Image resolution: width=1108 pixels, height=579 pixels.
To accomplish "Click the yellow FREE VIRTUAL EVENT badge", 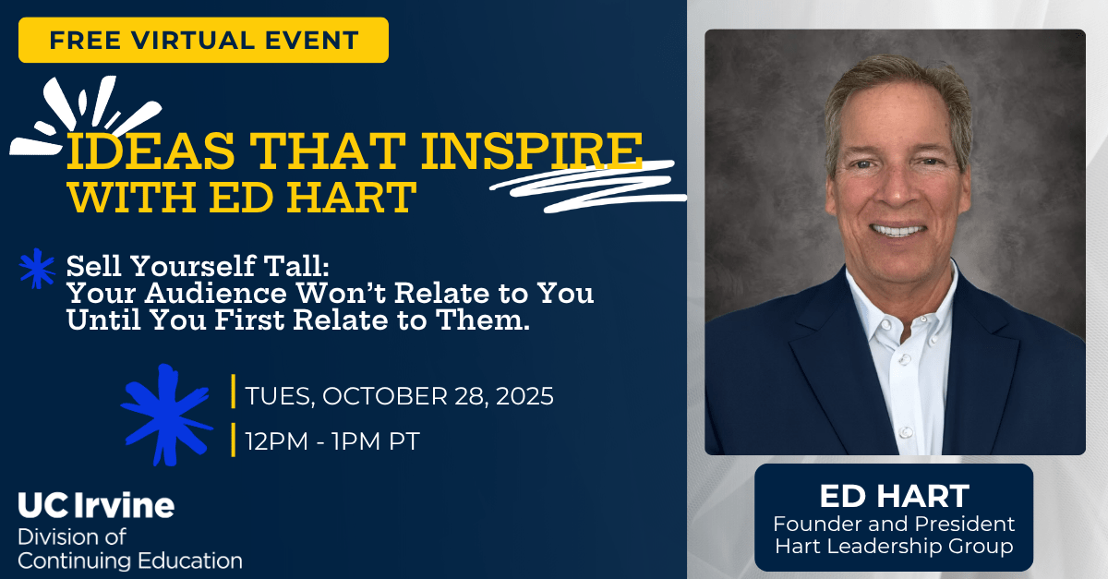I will coord(203,41).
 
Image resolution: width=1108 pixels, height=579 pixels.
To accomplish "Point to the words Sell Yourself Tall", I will coord(197,269).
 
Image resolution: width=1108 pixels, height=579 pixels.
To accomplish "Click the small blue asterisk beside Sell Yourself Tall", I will coord(38,269).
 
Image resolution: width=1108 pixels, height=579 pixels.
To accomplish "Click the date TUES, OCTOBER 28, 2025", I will coord(399,397).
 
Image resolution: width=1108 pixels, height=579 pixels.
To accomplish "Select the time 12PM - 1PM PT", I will coord(332,441).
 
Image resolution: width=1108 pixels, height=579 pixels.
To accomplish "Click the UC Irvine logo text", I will coord(96,506).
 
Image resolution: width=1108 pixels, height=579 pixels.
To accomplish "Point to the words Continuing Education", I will coord(130,561).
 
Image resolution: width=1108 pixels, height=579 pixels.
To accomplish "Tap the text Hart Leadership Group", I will coord(893,547).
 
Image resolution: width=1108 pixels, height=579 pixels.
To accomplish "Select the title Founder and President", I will coord(893,525).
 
